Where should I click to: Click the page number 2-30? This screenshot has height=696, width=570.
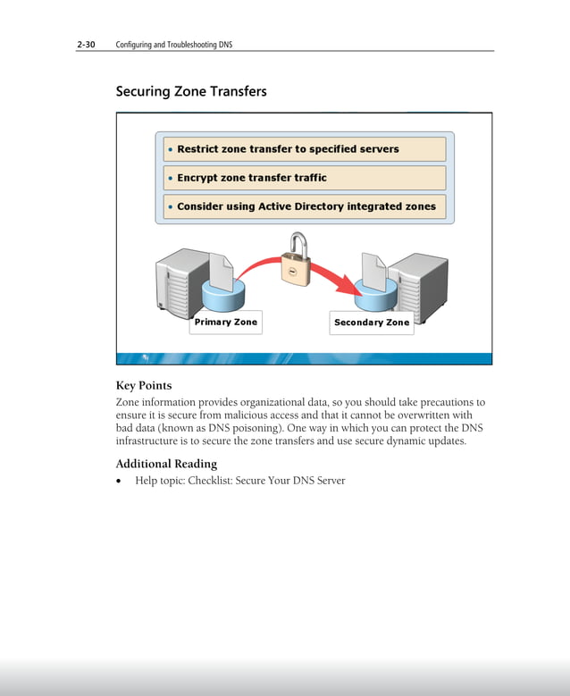(86, 44)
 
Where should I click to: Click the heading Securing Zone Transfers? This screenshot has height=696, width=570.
(191, 91)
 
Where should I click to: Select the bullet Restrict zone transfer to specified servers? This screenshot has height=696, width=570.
(288, 149)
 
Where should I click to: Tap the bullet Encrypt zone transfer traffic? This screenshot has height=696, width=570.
(252, 178)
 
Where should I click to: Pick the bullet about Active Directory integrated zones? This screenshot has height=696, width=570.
(306, 206)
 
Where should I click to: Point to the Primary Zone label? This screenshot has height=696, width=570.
(225, 322)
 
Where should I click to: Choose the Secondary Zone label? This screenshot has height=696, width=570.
(372, 323)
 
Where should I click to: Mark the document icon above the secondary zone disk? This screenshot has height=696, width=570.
(373, 268)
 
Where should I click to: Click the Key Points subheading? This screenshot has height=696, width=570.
(144, 386)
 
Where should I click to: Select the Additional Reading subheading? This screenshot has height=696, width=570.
(166, 464)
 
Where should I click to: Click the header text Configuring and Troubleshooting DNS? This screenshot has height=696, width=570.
(174, 44)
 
